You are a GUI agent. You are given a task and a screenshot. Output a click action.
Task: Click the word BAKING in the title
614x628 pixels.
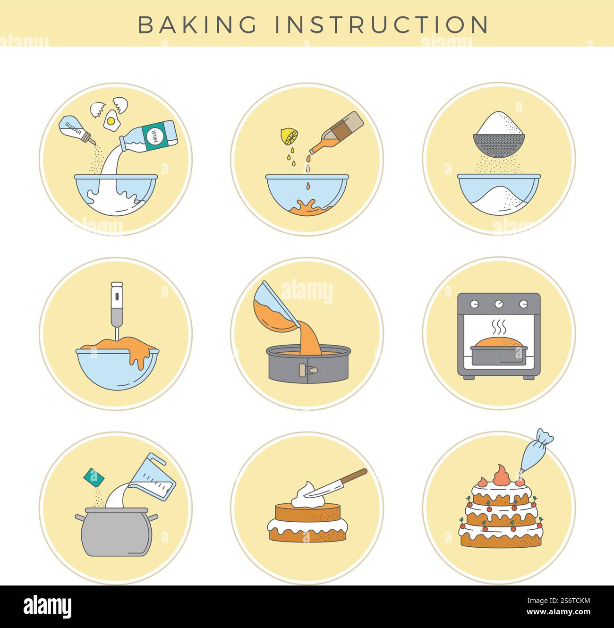197,25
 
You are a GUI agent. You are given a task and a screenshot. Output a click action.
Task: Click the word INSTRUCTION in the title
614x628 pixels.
382,25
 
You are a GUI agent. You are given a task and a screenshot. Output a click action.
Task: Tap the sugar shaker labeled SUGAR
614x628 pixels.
73,128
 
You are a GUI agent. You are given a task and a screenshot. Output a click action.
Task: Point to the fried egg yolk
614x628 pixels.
111,121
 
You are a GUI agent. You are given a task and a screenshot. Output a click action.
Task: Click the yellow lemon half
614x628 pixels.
289,136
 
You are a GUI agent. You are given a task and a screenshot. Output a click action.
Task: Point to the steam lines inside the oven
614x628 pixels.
499,326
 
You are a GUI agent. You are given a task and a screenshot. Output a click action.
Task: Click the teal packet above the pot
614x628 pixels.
94,477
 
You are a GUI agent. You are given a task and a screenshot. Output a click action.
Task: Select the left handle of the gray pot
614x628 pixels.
79,518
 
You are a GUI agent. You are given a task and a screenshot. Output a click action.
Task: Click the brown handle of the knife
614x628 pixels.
354,477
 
